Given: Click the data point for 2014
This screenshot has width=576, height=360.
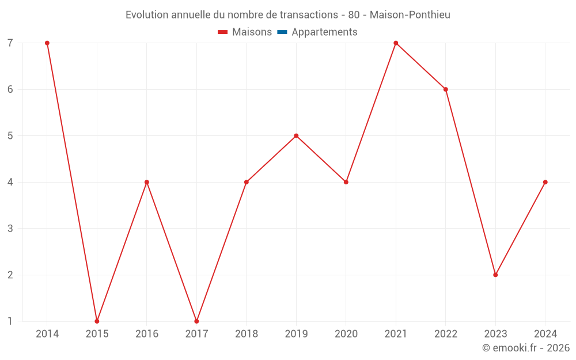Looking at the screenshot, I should (x=47, y=43).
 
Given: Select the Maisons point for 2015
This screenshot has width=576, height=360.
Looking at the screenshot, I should (x=97, y=321).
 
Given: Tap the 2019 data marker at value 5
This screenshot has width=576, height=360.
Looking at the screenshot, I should (x=296, y=136).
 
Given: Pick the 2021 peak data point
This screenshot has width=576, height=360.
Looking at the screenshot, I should (x=396, y=43).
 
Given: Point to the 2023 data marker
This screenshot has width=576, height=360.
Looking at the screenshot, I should (x=495, y=275).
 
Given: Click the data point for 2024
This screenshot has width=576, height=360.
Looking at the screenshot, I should (x=545, y=182).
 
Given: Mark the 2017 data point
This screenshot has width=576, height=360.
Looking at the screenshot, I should (x=196, y=321).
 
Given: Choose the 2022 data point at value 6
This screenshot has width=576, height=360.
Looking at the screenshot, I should (x=446, y=89).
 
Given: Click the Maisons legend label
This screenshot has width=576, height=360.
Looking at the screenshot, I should (x=252, y=32).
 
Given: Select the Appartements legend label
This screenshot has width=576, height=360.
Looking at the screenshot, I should (x=324, y=32).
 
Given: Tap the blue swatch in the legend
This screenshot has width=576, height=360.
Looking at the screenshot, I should (x=282, y=32).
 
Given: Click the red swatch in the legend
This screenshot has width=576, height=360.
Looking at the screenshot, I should (x=223, y=32).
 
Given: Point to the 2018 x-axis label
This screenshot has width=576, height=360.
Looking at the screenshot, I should (x=247, y=334).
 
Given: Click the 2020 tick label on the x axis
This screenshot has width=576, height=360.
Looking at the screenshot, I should (x=346, y=334).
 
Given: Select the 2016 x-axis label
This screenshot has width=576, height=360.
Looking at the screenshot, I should (x=147, y=334).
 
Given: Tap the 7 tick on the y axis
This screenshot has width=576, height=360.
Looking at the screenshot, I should (x=10, y=43).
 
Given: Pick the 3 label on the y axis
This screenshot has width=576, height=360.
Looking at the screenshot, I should (x=10, y=229).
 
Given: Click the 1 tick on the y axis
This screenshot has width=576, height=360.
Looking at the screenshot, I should (x=10, y=321).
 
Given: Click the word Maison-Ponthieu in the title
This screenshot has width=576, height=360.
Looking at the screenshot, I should (x=410, y=14).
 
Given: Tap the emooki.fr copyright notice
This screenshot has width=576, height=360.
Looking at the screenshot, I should (x=526, y=348).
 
